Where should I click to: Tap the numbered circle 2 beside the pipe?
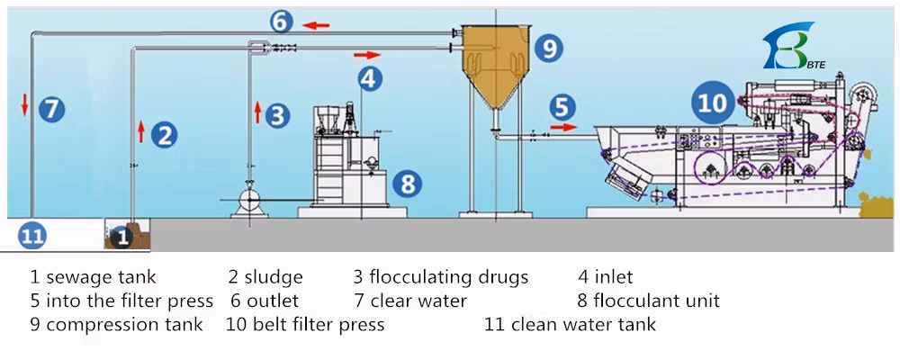(x=164, y=135)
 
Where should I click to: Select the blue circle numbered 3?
(x=279, y=115)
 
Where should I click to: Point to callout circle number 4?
(x=368, y=78)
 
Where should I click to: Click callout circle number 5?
(x=562, y=107)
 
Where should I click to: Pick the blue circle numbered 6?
(x=281, y=21)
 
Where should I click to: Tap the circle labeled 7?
(x=52, y=110)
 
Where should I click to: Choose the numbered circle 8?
(x=408, y=185)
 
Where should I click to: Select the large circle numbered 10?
(x=713, y=103)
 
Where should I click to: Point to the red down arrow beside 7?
(x=26, y=105)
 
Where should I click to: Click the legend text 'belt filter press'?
(x=315, y=324)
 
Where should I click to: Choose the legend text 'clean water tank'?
(x=583, y=324)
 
